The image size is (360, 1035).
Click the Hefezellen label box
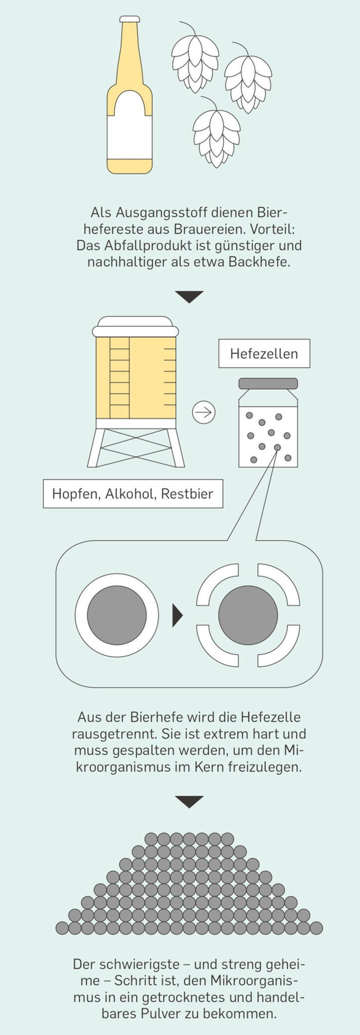pos(264,354)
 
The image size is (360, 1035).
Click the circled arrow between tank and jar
pos(204,412)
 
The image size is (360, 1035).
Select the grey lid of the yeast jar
pos(268,383)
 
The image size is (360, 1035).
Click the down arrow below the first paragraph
pos(189,296)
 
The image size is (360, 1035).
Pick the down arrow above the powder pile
pos(189,802)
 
